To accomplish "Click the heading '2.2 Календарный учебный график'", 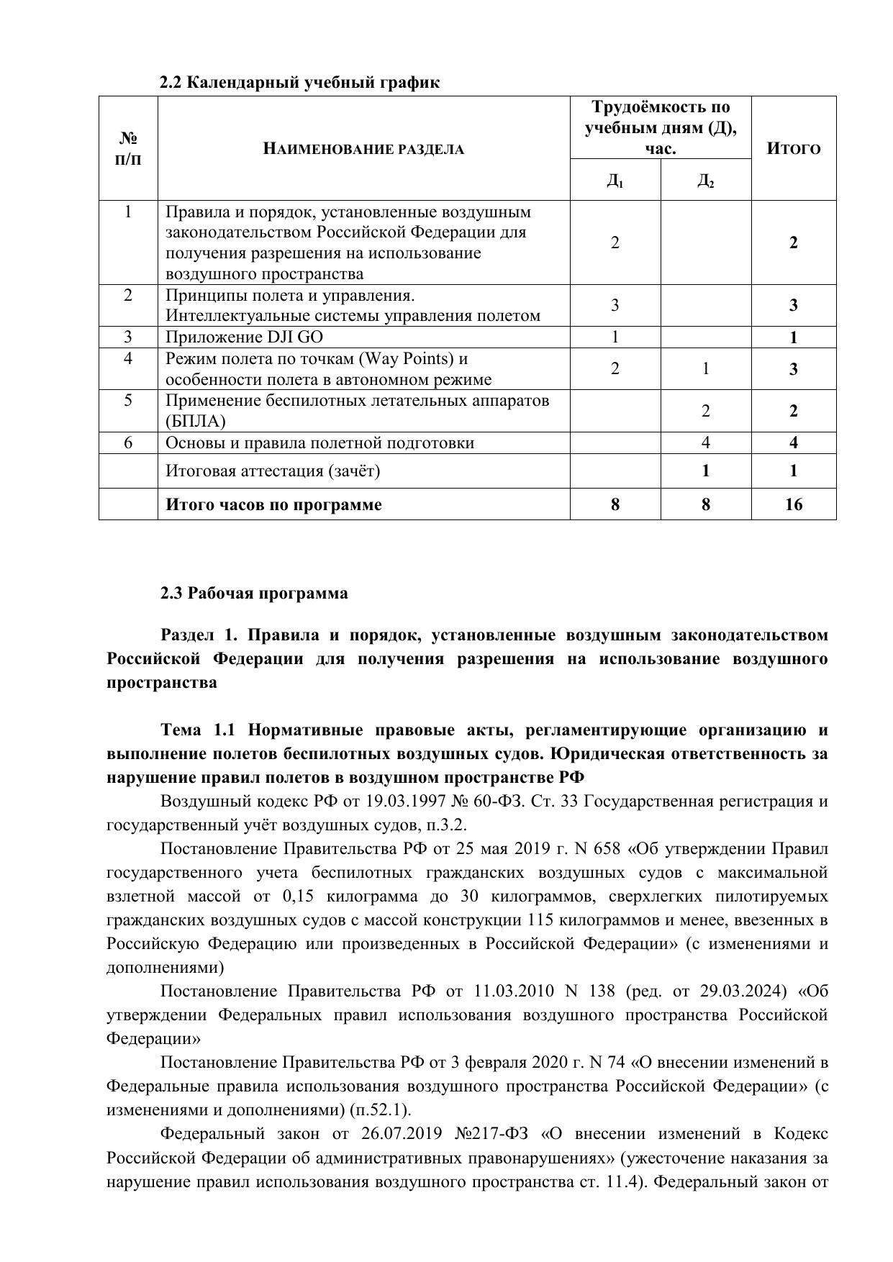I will (299, 83).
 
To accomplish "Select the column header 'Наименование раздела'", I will (363, 149).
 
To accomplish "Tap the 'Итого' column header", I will (793, 149).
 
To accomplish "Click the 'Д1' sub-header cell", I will (615, 180).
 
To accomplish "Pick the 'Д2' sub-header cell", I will (705, 180).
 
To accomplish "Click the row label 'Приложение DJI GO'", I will (249, 337).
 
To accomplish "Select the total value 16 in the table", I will (793, 504).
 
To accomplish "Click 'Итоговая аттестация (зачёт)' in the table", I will (273, 471).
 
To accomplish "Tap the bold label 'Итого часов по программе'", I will (273, 504).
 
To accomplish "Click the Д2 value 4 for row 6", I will (705, 442).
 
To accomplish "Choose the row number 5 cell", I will (128, 400).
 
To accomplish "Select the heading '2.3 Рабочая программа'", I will (254, 594).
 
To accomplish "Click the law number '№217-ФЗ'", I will (491, 1134).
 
